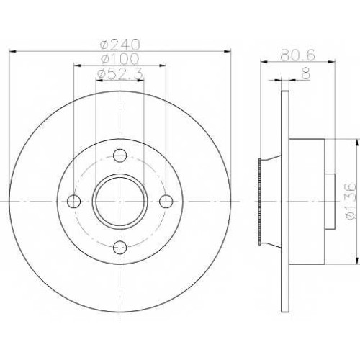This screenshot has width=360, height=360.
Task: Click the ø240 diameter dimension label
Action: pyautogui.click(x=120, y=44)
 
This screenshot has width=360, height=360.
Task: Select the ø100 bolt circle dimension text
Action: pyautogui.click(x=120, y=58)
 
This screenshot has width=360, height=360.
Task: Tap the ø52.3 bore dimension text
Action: pyautogui.click(x=120, y=73)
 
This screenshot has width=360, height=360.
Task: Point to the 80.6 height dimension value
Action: pyautogui.click(x=297, y=55)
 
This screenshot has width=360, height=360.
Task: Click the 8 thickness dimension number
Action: pyautogui.click(x=306, y=73)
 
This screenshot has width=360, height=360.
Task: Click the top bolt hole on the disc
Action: pyautogui.click(x=120, y=156)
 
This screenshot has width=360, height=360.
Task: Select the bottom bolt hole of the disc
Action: pyautogui.click(x=120, y=248)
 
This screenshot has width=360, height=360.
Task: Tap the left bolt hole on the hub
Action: pyautogui.click(x=73, y=202)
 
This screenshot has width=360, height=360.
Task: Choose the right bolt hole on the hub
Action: pyautogui.click(x=166, y=202)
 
